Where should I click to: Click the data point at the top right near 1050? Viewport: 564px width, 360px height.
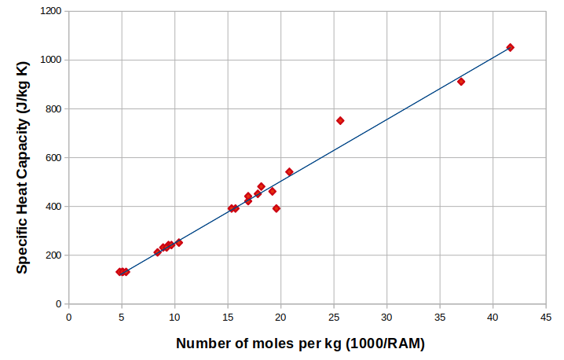coord(510,47)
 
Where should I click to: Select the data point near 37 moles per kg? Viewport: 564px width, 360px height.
coord(461,81)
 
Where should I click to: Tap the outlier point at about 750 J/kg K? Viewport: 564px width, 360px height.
coord(340,120)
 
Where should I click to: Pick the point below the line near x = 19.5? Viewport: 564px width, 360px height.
coord(277,208)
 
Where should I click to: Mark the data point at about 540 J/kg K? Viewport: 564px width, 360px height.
coord(289,171)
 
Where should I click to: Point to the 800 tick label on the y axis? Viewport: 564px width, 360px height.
coord(52,108)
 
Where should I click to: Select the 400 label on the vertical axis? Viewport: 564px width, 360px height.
coord(52,206)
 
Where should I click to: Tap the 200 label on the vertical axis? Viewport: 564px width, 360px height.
coord(52,255)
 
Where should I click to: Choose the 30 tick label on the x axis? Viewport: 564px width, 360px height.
coord(386,318)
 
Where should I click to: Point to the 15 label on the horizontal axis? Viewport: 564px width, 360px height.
coord(228,318)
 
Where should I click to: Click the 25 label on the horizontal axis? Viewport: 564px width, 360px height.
coord(334,318)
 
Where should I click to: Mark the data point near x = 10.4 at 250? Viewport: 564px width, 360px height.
coord(179,242)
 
